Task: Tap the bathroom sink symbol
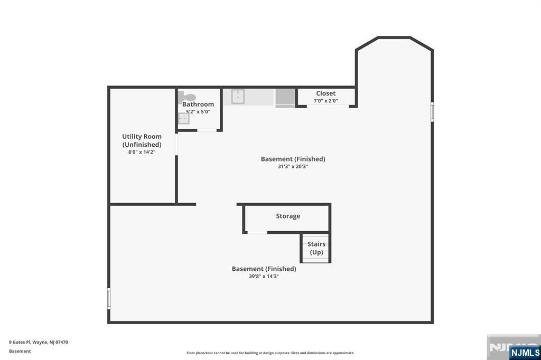(x=183, y=119)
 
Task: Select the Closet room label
(x=325, y=93)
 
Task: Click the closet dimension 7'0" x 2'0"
(x=325, y=101)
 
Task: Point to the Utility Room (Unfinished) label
(x=142, y=140)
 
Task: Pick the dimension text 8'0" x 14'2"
(x=142, y=152)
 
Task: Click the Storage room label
(x=288, y=216)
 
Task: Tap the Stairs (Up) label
(x=316, y=248)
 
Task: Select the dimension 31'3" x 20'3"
(x=293, y=166)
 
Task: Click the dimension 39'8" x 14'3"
(x=264, y=276)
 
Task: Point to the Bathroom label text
(x=198, y=104)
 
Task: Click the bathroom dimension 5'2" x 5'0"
(x=198, y=111)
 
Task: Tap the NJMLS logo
(x=525, y=352)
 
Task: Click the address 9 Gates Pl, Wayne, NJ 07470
(x=39, y=342)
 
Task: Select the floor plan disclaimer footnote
(x=270, y=353)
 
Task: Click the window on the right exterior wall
(x=432, y=112)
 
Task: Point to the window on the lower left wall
(x=109, y=298)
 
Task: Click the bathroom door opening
(x=207, y=130)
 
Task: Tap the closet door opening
(x=328, y=107)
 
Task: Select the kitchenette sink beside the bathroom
(x=238, y=97)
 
